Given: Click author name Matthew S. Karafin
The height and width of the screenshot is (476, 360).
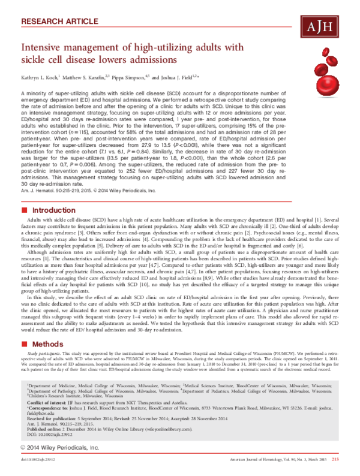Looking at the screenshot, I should pos(90,78).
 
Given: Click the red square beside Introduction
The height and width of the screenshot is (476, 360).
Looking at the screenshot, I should pos(24,211).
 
